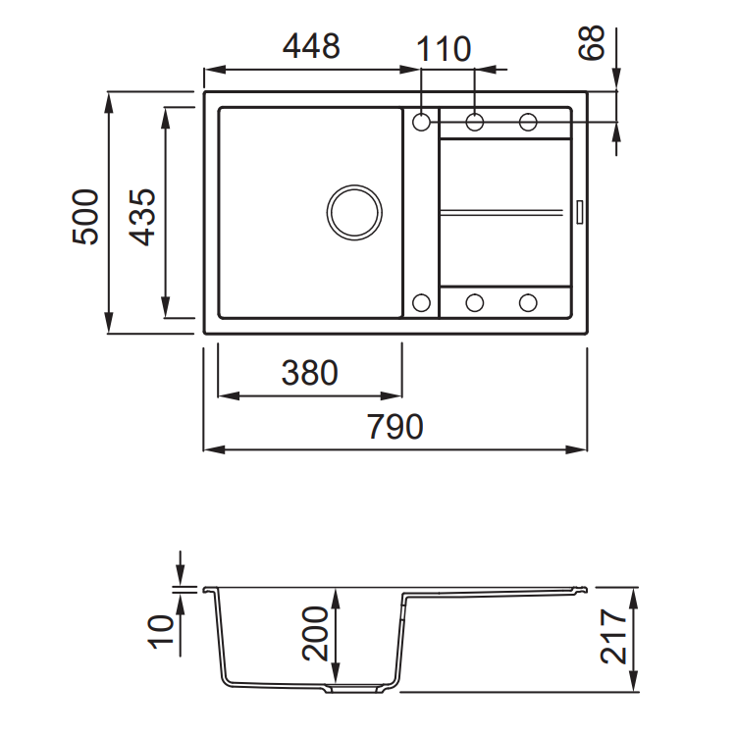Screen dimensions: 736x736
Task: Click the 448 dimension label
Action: [311, 46]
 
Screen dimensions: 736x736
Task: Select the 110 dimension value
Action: [444, 49]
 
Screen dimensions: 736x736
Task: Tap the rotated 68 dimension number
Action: [591, 43]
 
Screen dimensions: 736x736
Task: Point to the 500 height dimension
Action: [86, 217]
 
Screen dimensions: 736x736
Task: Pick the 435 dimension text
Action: [142, 217]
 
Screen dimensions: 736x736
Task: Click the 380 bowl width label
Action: [310, 373]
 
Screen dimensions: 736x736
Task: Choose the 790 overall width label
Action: [394, 427]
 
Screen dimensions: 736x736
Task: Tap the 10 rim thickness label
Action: [161, 631]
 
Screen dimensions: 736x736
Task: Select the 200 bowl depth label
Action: [315, 634]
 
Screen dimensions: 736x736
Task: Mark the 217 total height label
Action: [614, 637]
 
